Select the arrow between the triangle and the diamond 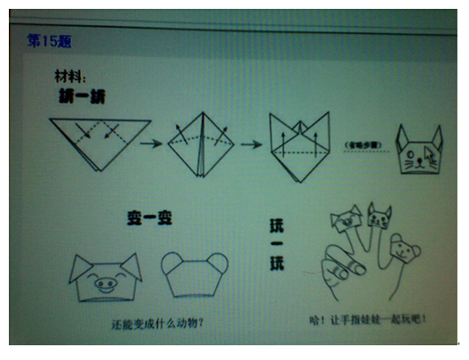[x=150, y=144]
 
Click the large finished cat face [x=419, y=151]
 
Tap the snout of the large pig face [x=105, y=286]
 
